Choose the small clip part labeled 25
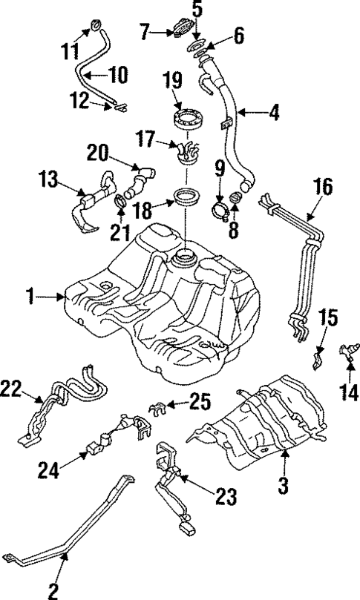[157, 406]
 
